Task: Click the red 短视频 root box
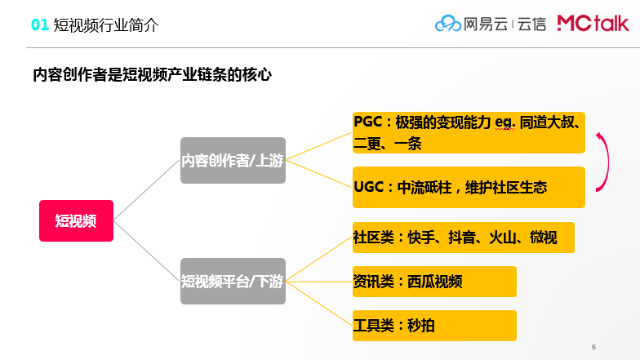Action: point(77,220)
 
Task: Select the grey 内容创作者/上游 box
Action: point(233,160)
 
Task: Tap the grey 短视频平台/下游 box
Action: point(233,281)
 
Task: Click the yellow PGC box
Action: point(469,132)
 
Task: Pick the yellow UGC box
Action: point(469,188)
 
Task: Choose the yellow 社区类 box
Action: point(464,238)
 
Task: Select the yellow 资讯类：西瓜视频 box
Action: point(434,282)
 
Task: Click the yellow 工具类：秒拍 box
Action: point(434,326)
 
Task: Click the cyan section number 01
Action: point(40,24)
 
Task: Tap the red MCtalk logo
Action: point(593,23)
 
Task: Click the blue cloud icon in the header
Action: point(447,24)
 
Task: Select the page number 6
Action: point(594,347)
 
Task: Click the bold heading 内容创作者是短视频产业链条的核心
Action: point(152,75)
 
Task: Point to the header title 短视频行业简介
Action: point(106,25)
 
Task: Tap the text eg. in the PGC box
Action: point(504,122)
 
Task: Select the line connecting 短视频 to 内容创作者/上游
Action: point(147,190)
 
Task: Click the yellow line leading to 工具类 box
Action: point(319,304)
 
